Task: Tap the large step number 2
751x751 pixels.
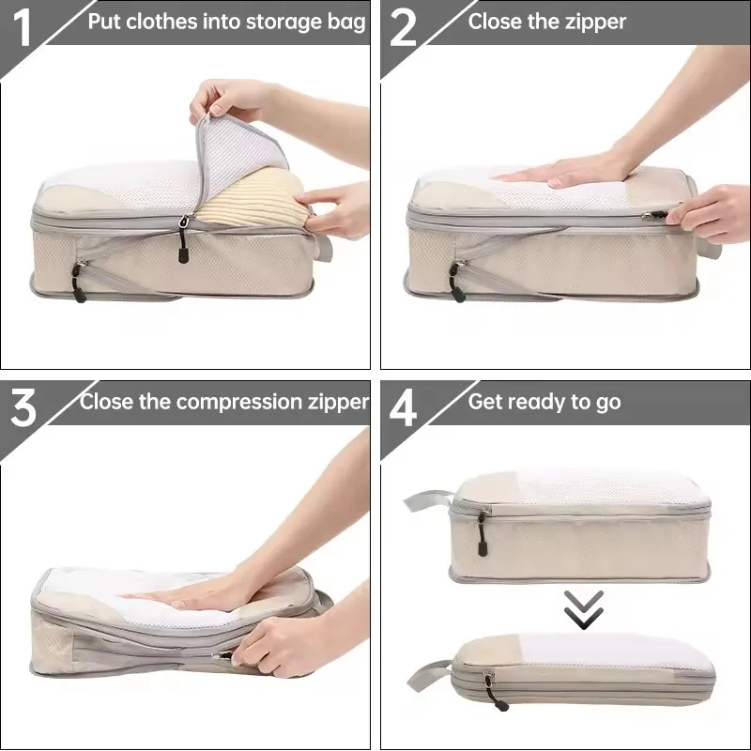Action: pyautogui.click(x=403, y=28)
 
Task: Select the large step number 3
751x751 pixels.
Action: pyautogui.click(x=23, y=407)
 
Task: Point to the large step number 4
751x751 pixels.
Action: pyautogui.click(x=403, y=408)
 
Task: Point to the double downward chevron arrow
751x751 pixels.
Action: pyautogui.click(x=583, y=609)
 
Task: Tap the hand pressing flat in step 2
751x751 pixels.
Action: pyautogui.click(x=565, y=171)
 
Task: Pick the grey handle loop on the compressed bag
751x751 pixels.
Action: pyautogui.click(x=429, y=674)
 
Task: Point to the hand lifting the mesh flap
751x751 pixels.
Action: pyautogui.click(x=230, y=103)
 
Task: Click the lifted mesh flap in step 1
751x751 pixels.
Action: pyautogui.click(x=239, y=158)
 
